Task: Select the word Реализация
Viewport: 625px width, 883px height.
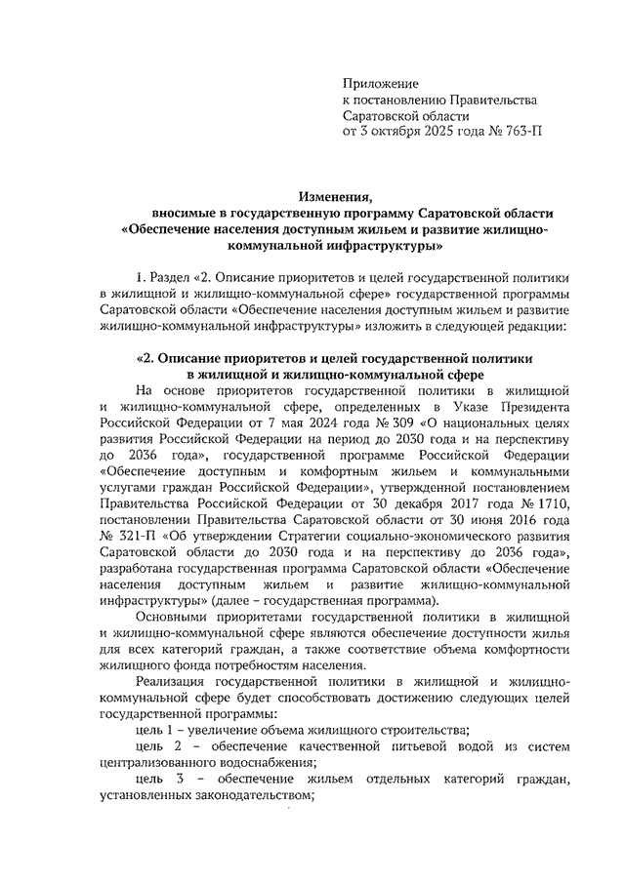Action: tap(181, 682)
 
